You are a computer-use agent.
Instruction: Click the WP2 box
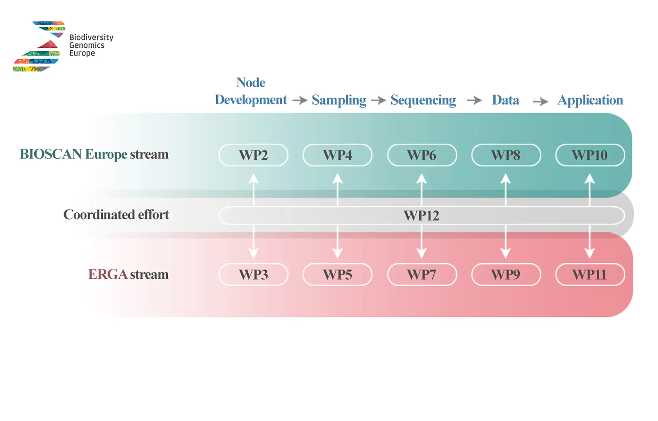click(x=253, y=155)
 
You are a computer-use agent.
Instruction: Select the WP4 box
click(x=338, y=155)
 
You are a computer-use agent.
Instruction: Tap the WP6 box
click(x=422, y=155)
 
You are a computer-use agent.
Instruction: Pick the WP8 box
click(x=506, y=155)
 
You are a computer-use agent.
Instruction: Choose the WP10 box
click(x=590, y=155)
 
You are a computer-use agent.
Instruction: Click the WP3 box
click(x=253, y=274)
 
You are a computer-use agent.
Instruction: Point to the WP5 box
click(x=338, y=274)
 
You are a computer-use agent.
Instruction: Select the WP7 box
click(x=422, y=274)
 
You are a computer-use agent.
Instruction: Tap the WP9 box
click(x=506, y=274)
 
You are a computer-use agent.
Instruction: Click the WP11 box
click(x=590, y=274)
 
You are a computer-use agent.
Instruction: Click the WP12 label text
click(x=421, y=216)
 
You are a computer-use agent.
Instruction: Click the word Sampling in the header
click(x=339, y=100)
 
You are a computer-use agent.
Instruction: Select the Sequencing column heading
click(x=423, y=100)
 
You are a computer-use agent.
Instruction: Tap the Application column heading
click(x=590, y=100)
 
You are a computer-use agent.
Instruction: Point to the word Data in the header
click(x=506, y=100)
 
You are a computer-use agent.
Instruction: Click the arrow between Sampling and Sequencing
click(x=378, y=100)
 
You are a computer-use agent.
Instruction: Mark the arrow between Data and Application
click(x=541, y=101)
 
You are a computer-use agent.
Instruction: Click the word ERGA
click(x=108, y=274)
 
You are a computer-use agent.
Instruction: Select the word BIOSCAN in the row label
click(x=51, y=154)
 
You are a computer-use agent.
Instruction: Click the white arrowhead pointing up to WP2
click(x=253, y=178)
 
